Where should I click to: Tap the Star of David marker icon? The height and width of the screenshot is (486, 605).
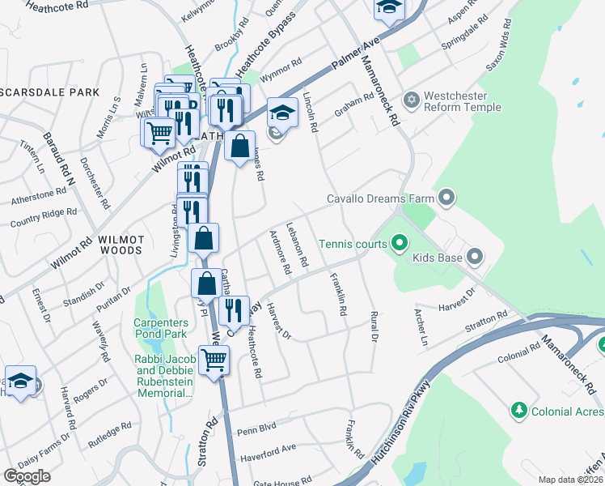tap(412, 100)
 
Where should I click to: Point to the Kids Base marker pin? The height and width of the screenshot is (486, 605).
tap(475, 258)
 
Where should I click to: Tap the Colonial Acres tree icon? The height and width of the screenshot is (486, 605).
tap(518, 411)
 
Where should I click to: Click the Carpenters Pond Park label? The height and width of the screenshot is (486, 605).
tap(160, 328)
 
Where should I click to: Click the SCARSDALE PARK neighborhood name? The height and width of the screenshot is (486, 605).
tap(49, 92)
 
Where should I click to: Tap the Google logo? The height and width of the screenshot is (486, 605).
tap(27, 476)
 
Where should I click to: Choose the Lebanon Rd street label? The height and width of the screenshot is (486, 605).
tap(298, 245)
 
